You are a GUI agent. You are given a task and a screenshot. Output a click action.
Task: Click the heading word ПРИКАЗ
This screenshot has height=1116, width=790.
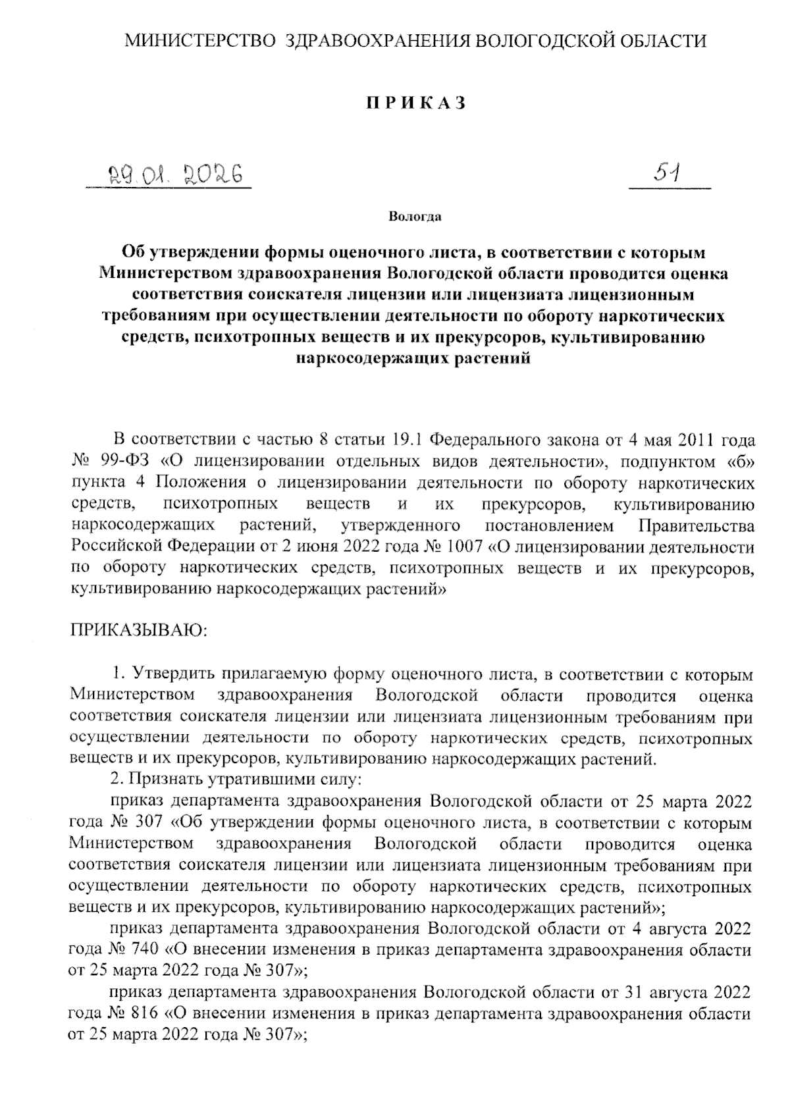click(415, 103)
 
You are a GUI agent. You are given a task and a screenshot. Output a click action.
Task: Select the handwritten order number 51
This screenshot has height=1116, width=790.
click(667, 174)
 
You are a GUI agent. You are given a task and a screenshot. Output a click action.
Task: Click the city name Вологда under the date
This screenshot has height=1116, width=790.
click(415, 216)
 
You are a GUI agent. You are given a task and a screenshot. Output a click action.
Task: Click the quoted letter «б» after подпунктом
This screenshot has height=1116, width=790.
click(743, 461)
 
